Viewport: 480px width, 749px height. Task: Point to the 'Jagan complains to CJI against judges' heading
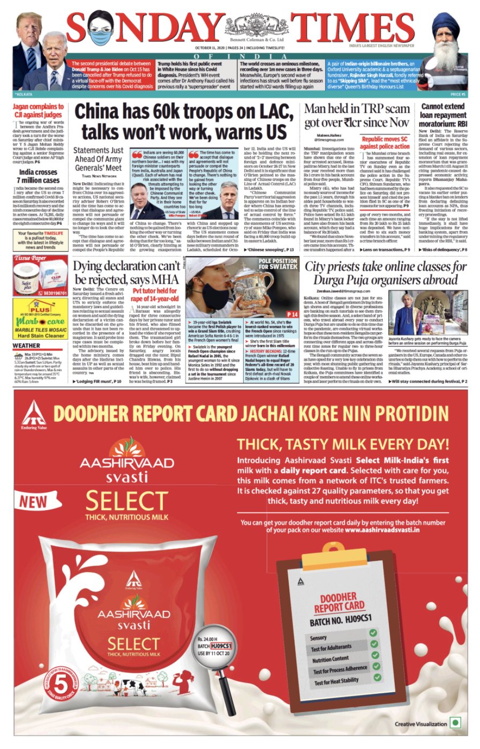pyautogui.click(x=38, y=110)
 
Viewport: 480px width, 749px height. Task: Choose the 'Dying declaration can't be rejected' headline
pyautogui.click(x=126, y=273)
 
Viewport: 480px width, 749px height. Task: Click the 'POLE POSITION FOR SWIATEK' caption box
pyautogui.click(x=278, y=264)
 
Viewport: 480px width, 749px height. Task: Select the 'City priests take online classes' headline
pyautogui.click(x=385, y=273)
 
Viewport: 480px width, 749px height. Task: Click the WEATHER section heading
pyautogui.click(x=26, y=346)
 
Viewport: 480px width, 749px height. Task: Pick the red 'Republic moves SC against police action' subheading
pyautogui.click(x=385, y=142)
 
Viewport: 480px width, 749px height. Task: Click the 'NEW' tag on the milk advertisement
pyautogui.click(x=34, y=501)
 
